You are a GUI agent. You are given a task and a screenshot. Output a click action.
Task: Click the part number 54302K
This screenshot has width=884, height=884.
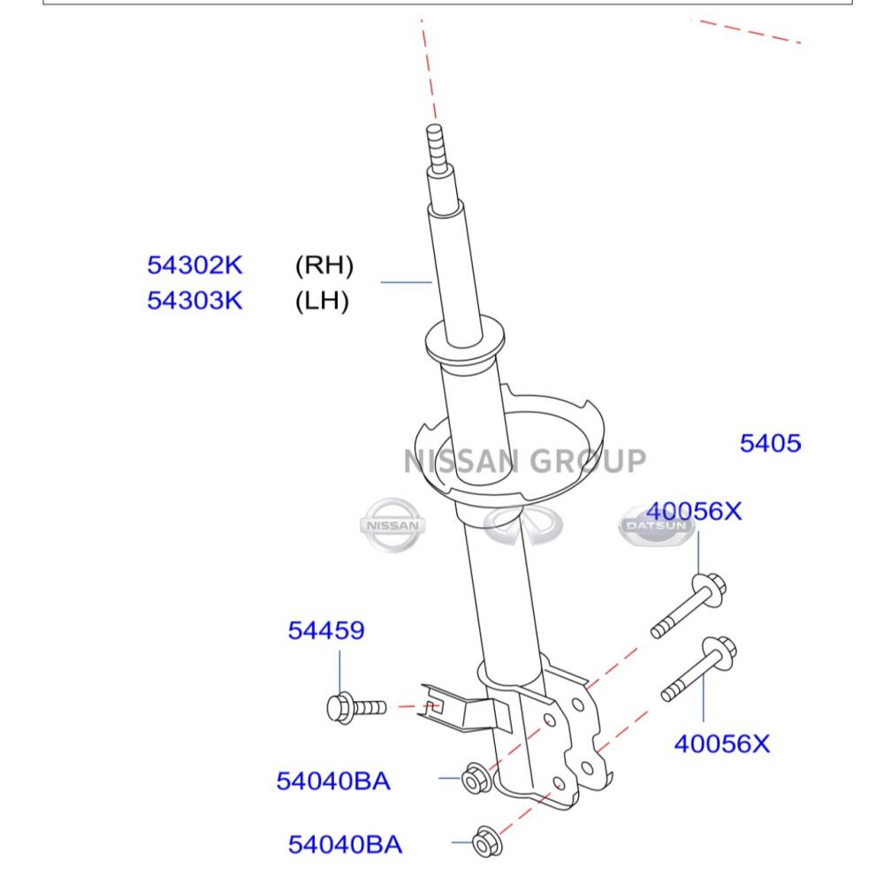click(194, 265)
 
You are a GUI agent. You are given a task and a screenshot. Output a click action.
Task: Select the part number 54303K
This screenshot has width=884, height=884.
click(194, 300)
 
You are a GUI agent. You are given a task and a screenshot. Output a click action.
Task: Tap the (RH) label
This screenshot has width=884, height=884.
click(324, 265)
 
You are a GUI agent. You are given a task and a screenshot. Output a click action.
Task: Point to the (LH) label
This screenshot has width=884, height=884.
click(322, 301)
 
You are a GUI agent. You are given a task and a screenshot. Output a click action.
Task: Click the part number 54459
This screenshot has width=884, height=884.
click(326, 630)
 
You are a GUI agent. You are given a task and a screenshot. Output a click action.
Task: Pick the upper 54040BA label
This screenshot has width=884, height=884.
click(333, 781)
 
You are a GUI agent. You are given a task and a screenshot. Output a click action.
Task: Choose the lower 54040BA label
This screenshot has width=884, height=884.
click(345, 844)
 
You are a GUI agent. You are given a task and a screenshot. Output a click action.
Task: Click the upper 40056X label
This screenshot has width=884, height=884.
click(693, 511)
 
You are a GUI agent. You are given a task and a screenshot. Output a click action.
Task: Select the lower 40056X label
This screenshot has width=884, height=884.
click(721, 743)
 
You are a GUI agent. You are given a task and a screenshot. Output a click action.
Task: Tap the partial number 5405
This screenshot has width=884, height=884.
click(770, 443)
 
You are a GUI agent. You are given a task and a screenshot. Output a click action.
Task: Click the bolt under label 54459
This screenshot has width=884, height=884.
click(356, 707)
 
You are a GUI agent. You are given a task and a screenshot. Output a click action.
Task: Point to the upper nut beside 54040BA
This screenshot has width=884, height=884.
click(476, 779)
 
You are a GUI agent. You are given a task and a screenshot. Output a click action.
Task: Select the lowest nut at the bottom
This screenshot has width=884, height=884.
click(487, 842)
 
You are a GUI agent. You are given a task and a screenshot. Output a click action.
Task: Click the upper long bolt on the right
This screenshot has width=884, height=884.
click(689, 606)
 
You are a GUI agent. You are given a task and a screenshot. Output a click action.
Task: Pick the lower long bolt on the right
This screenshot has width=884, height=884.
click(699, 669)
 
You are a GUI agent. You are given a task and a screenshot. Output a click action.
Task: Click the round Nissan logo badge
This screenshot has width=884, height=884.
click(392, 525)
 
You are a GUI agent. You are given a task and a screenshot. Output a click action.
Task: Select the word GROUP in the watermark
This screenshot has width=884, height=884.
click(588, 461)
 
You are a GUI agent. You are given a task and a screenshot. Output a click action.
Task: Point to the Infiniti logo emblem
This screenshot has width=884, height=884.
click(523, 524)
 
